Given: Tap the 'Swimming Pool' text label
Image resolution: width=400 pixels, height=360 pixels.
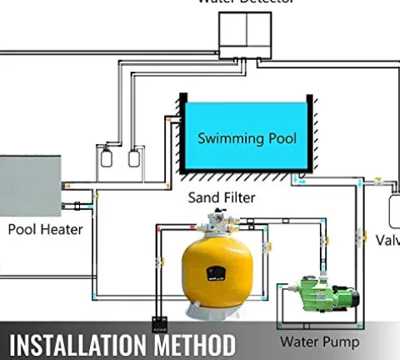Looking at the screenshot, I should tap(247, 137).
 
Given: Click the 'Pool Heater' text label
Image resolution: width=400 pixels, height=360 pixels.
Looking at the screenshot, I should tap(46, 228).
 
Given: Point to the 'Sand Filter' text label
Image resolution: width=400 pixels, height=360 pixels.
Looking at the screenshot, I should tap(220, 197).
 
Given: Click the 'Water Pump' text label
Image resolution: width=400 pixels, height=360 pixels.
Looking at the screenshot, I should tap(319, 342).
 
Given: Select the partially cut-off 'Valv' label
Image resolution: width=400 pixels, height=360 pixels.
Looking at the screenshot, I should tap(387, 240).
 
